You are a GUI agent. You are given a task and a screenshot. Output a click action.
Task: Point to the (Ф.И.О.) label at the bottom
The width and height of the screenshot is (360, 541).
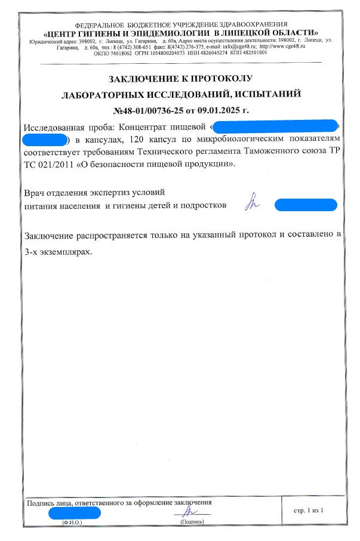72,523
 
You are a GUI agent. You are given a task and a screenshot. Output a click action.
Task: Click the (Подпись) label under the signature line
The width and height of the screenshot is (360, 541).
192,523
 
